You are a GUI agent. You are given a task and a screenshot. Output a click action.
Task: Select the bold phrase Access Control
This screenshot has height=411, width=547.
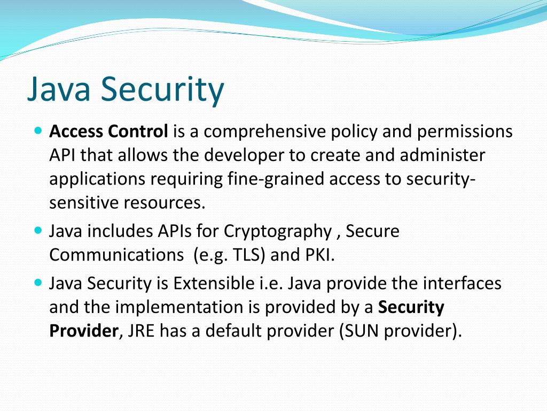[108, 131]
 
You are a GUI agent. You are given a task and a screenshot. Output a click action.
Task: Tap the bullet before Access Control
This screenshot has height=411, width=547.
[37, 130]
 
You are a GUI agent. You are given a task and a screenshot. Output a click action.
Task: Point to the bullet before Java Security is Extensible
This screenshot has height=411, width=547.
[37, 281]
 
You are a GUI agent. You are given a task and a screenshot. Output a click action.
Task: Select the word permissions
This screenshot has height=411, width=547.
[465, 131]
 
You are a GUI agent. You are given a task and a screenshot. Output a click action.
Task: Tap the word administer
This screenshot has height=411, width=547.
[443, 155]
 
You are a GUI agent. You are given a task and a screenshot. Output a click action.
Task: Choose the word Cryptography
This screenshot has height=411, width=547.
[278, 231]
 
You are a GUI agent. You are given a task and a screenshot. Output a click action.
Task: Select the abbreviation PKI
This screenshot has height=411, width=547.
[319, 255]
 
